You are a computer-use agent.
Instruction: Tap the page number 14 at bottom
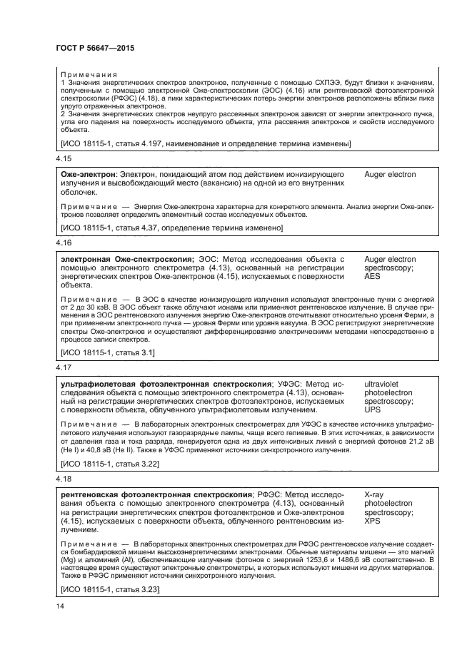(x=60, y=605)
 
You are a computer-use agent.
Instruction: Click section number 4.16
(x=63, y=243)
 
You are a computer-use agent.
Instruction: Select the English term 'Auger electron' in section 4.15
(x=390, y=175)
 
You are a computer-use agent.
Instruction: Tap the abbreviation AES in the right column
(x=372, y=276)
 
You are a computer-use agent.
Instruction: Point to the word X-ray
(x=375, y=495)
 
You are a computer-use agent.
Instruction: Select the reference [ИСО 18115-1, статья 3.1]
(x=108, y=352)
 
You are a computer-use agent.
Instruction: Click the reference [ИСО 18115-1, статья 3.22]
(x=110, y=465)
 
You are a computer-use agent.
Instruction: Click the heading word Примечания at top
(x=89, y=74)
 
